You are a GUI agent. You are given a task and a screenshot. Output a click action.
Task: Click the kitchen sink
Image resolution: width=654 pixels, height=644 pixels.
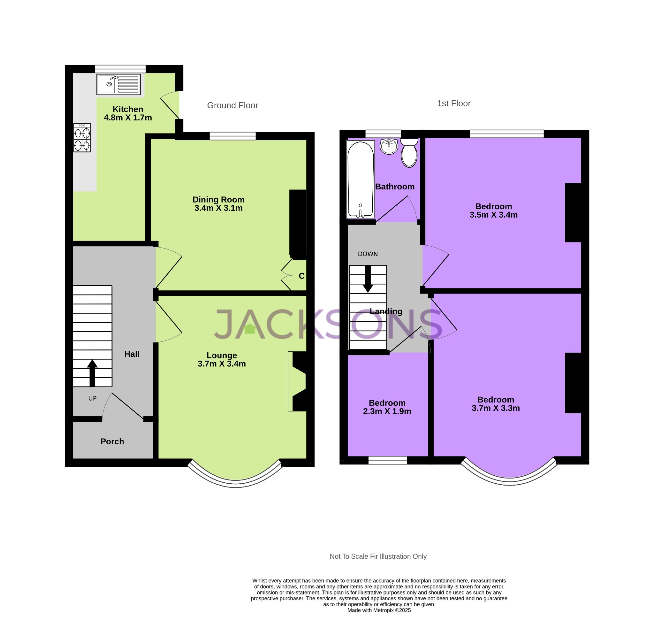pyautogui.click(x=118, y=84)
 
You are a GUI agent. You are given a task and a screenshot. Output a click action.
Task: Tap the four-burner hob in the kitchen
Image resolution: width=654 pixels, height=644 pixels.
pyautogui.click(x=82, y=138)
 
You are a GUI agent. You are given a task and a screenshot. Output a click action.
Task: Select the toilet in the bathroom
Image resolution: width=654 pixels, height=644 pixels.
pyautogui.click(x=409, y=153)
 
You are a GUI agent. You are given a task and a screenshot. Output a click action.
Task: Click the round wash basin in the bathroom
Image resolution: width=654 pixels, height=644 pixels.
pyautogui.click(x=389, y=146)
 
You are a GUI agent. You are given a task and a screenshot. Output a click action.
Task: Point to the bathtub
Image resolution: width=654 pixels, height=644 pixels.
pyautogui.click(x=361, y=180)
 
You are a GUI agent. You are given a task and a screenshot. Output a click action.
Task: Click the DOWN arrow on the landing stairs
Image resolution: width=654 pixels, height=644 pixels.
pyautogui.click(x=368, y=279)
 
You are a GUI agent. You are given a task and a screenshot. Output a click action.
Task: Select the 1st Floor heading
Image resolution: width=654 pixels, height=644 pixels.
pyautogui.click(x=453, y=103)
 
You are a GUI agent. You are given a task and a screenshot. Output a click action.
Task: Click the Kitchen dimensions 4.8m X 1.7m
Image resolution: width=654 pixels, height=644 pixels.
pyautogui.click(x=128, y=118)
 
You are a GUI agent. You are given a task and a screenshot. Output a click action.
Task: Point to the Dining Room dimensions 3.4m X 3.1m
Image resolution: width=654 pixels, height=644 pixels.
pyautogui.click(x=218, y=208)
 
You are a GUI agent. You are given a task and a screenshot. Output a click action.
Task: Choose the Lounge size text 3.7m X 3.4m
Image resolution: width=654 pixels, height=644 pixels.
pyautogui.click(x=222, y=364)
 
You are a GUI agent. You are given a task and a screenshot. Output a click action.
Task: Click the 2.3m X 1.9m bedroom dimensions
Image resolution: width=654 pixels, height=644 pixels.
pyautogui.click(x=387, y=411)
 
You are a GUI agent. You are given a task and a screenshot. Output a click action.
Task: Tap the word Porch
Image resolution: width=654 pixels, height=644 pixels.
pyautogui.click(x=112, y=441)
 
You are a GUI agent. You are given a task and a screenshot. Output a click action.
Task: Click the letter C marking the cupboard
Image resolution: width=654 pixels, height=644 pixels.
pyautogui.click(x=302, y=276)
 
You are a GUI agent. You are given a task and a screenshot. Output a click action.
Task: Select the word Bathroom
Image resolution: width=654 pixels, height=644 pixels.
pyautogui.click(x=395, y=187)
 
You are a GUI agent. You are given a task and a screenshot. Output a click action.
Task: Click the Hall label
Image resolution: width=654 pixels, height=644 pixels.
pyautogui.click(x=132, y=354)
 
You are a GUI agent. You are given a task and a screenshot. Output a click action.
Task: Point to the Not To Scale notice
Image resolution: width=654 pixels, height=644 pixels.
pyautogui.click(x=378, y=556)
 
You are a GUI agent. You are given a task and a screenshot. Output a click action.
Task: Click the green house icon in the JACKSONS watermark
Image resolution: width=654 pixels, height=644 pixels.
pyautogui.click(x=250, y=329)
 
